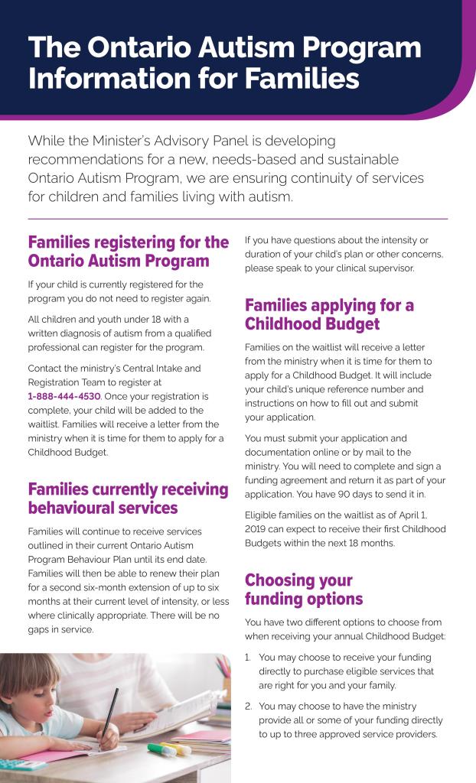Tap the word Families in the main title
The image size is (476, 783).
coord(303,79)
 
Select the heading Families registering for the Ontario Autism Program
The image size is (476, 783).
coord(128,252)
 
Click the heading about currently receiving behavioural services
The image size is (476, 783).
coord(128,499)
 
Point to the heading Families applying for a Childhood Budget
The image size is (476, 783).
coord(329,315)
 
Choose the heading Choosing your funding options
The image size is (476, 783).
coord(304,589)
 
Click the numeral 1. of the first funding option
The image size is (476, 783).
coord(249,658)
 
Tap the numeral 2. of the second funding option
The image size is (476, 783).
coord(249,707)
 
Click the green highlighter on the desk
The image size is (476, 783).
coord(161,749)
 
